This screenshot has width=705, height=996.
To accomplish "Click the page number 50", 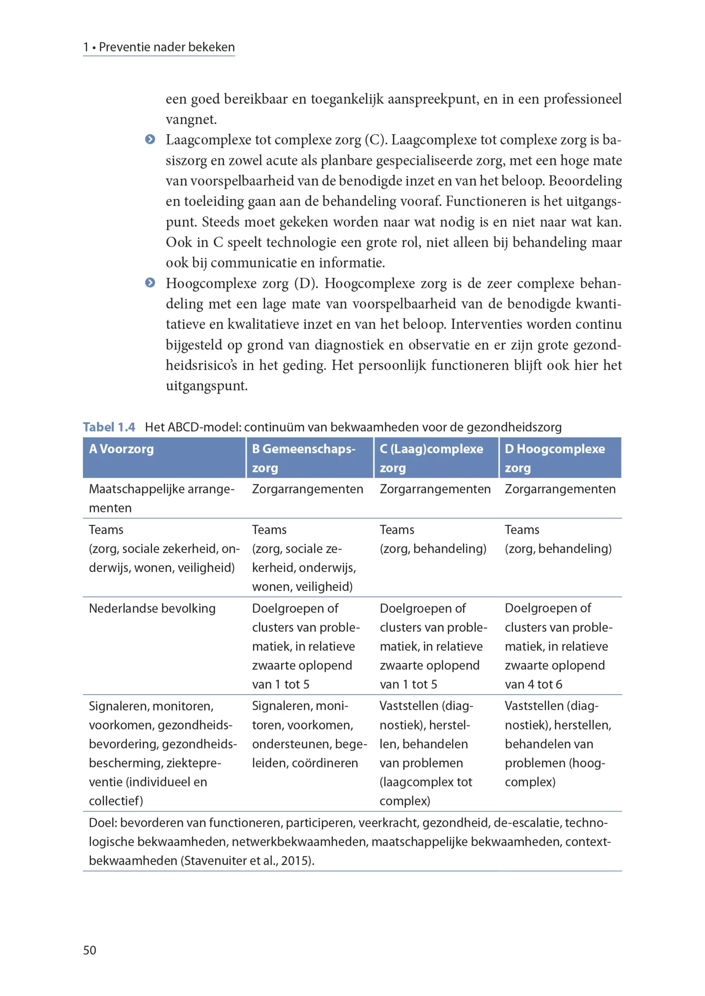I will pos(89,950).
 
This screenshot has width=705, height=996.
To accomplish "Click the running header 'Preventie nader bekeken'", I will pos(167,47).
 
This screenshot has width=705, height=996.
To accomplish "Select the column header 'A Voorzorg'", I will pos(122,449).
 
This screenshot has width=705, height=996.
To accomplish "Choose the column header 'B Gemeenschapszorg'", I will pos(303,458).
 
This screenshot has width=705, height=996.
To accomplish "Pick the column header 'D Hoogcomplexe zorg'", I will pos(555,458).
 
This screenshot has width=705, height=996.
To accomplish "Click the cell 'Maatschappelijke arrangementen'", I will pos(161,498).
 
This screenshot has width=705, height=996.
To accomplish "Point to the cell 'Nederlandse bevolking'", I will pos(152,608).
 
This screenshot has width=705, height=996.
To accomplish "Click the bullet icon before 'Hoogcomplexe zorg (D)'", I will pos(150,283).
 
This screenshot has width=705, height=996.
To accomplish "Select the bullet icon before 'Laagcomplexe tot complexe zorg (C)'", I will pos(150,139).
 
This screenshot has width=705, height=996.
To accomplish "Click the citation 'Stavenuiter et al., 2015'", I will pos(247,861).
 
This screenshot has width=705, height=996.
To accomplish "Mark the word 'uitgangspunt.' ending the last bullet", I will pos(206,386).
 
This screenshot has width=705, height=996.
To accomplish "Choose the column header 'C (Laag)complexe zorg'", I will pos(431,458).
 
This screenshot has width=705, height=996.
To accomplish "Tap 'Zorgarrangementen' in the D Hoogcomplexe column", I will pos(560,489).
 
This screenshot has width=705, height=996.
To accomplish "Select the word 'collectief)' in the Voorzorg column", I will pos(116,801).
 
